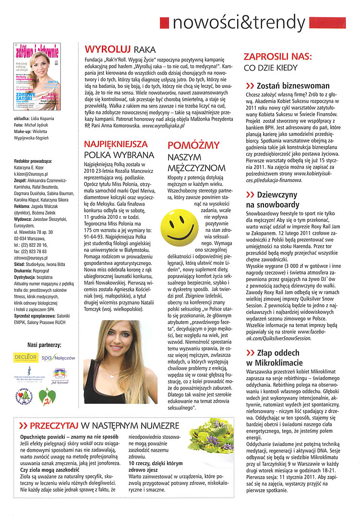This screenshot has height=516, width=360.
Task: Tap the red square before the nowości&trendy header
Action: pyautogui.click(x=164, y=23)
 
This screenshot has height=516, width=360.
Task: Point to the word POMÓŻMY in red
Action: pyautogui.click(x=194, y=145)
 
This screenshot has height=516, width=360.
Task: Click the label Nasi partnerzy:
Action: pyautogui.click(x=44, y=344)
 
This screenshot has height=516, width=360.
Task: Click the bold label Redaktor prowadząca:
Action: pyautogui.click(x=33, y=161)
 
